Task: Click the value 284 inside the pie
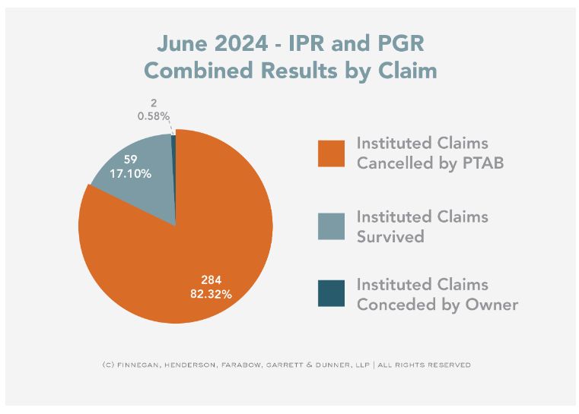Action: (x=211, y=279)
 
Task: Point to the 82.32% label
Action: (x=211, y=292)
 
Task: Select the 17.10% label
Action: (x=132, y=174)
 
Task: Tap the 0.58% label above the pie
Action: (x=153, y=115)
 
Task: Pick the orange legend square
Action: (x=331, y=153)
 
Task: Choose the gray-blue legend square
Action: (x=331, y=226)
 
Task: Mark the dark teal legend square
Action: (x=331, y=293)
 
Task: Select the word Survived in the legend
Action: (x=390, y=236)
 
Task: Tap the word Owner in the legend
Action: (x=494, y=305)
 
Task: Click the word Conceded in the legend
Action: (x=391, y=305)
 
